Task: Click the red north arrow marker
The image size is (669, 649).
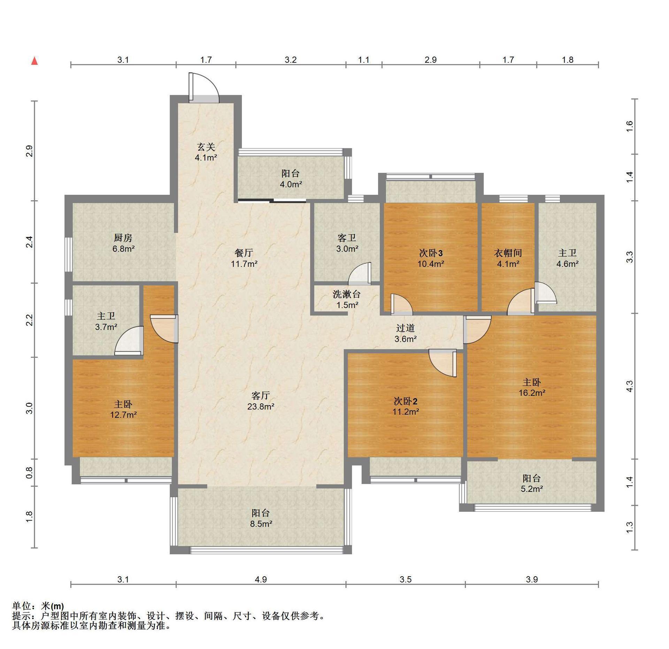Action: [x=34, y=61]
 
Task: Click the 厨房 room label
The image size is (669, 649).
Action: [x=123, y=238]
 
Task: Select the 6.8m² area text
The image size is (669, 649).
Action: [x=123, y=249]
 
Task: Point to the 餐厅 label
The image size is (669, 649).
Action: [x=244, y=253]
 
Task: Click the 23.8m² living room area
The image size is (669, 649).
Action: [x=261, y=406]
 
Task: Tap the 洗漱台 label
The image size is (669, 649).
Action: [x=346, y=294]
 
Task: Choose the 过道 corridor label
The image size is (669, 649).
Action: [x=406, y=328]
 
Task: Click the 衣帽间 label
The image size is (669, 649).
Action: [x=508, y=253]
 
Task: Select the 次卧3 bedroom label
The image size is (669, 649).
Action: [x=431, y=253]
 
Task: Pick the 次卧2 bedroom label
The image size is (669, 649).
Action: [x=406, y=401]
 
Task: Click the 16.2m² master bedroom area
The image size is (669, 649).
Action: [x=532, y=393]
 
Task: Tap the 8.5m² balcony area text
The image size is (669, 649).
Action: [x=261, y=523]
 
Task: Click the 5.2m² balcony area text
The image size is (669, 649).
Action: [x=532, y=489]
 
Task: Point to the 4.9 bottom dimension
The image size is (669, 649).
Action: [x=261, y=579]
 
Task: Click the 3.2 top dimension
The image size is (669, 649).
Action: [x=291, y=60]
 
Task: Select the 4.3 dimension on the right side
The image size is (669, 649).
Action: [x=629, y=386]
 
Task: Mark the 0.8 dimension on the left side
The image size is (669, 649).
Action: [x=29, y=472]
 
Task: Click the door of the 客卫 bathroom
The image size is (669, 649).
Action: [x=360, y=274]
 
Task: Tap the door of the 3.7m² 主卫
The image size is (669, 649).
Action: [x=129, y=341]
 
